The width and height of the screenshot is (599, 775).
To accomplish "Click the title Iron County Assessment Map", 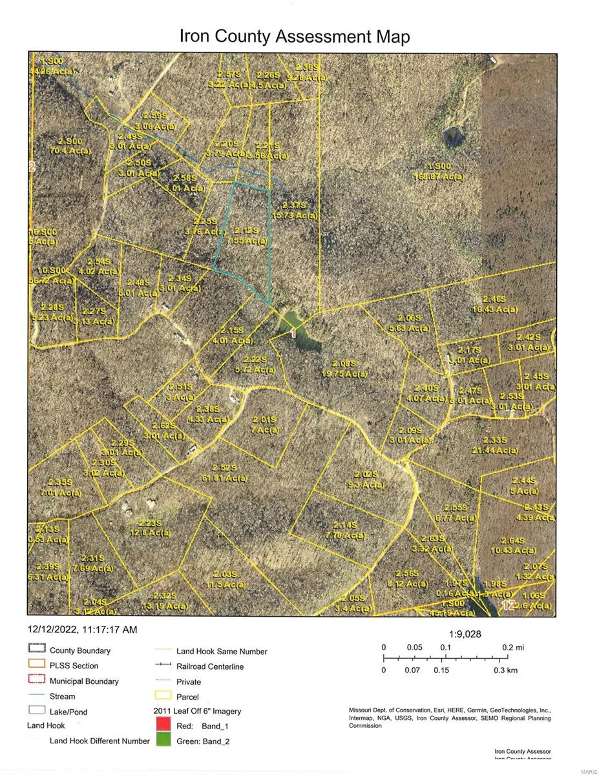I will coord(294,37).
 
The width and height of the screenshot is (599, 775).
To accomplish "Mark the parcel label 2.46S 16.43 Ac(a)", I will coord(496,304).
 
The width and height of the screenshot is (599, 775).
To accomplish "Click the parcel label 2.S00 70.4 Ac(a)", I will coord(70,145).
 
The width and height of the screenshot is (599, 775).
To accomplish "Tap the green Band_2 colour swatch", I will coord(165,741).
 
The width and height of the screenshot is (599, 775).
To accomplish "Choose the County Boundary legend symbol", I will coord(37,650).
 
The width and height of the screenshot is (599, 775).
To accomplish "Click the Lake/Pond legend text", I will coord(68,712).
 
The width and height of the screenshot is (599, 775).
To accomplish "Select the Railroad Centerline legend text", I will coord(210,666).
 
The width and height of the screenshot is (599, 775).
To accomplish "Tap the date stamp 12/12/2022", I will coord(52,630).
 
